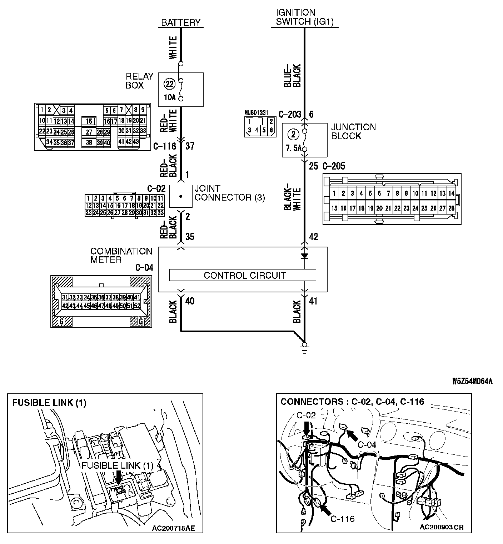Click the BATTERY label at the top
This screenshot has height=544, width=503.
181,22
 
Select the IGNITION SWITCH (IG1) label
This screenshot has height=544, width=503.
305,17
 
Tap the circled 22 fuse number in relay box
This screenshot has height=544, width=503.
169,84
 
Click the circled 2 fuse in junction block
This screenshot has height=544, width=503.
293,135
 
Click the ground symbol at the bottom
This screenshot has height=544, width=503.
304,348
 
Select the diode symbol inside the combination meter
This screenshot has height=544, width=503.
304,256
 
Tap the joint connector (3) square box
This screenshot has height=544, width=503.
181,196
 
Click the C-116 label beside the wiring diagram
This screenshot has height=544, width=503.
164,146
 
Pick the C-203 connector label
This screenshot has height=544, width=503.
290,114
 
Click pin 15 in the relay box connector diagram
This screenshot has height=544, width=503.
89,121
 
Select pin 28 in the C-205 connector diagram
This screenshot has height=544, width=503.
451,208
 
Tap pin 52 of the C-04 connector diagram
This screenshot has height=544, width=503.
137,306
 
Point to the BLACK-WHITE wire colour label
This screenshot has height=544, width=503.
292,195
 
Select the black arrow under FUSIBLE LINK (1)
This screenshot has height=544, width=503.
119,477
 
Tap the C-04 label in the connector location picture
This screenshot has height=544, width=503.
367,445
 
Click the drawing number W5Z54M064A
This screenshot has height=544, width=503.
472,381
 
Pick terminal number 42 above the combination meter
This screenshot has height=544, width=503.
313,237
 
